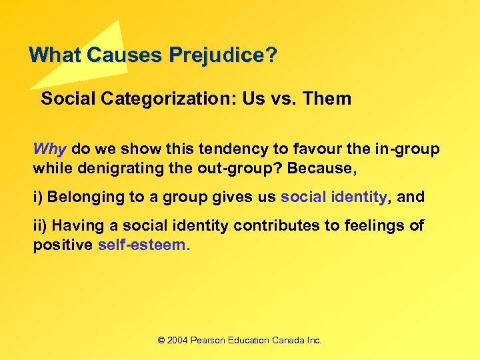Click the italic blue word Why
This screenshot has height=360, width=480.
coord(50,149)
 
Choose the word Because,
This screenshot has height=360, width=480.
coord(325,169)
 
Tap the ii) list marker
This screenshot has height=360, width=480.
coord(41,226)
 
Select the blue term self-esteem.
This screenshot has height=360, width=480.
coord(144,245)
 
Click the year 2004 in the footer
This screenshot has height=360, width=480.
coord(177,340)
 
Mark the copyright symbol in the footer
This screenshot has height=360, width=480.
coord(161,340)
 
